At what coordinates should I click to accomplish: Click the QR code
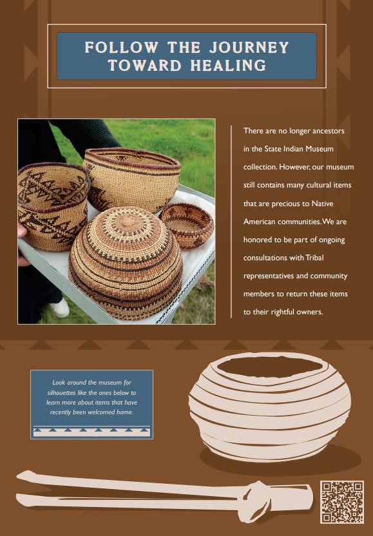(x=341, y=502)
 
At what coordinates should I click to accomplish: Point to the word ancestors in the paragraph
(x=325, y=131)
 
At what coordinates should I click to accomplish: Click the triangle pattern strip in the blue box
(x=91, y=430)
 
